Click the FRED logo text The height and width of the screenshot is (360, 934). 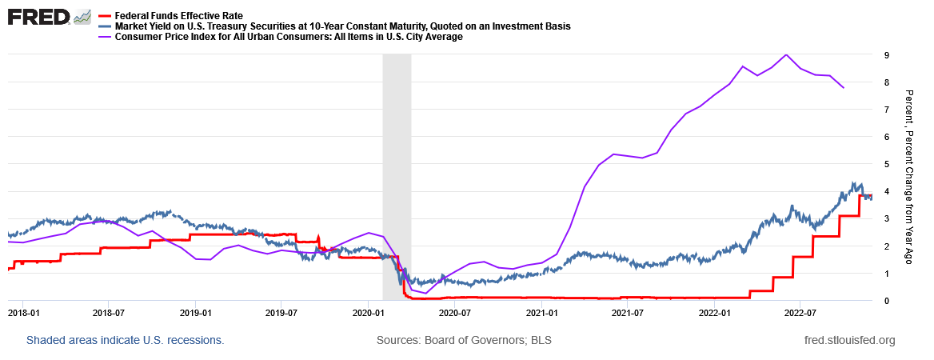[38, 17]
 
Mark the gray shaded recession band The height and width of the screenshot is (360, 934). [397, 176]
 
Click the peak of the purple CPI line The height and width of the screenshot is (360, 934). [786, 54]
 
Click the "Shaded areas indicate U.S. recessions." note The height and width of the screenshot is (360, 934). [125, 340]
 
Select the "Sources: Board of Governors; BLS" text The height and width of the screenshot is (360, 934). [464, 340]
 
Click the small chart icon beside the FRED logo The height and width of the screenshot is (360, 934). [82, 17]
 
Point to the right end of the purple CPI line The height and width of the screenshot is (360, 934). [844, 87]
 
